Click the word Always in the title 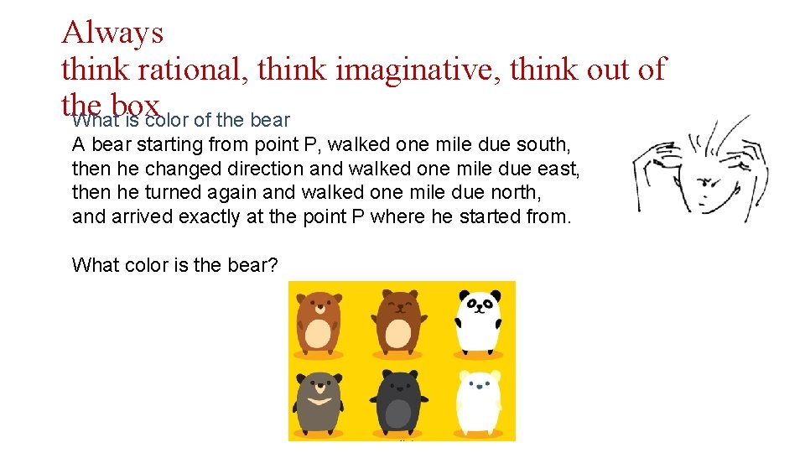click(112, 34)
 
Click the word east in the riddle click(557, 169)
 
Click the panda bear click(480, 320)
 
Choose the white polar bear click(480, 399)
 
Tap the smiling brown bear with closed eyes click(399, 320)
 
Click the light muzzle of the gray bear click(318, 391)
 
